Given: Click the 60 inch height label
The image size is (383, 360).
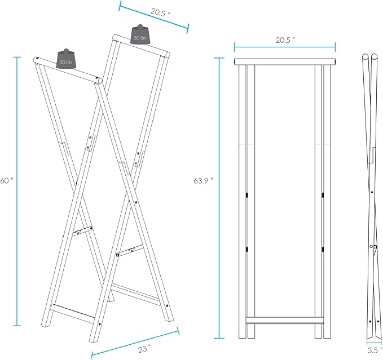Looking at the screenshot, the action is pyautogui.click(x=7, y=181).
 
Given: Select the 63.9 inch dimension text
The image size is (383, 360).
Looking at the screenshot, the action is pyautogui.click(x=203, y=181).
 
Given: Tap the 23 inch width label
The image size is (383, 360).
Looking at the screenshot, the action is pyautogui.click(x=144, y=349).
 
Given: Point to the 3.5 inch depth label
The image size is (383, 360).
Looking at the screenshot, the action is pyautogui.click(x=375, y=350).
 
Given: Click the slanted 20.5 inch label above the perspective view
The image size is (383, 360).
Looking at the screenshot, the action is pyautogui.click(x=160, y=12).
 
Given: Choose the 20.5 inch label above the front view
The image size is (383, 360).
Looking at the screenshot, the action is pyautogui.click(x=285, y=40).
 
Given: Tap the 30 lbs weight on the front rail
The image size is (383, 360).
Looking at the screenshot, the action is pyautogui.click(x=66, y=59).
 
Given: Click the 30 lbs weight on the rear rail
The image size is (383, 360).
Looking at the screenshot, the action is pyautogui.click(x=140, y=34).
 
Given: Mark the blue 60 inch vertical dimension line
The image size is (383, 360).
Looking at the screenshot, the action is pyautogui.click(x=17, y=191).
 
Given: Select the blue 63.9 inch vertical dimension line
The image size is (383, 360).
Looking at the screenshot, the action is pyautogui.click(x=219, y=198).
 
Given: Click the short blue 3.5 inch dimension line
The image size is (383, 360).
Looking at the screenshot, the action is pyautogui.click(x=374, y=343).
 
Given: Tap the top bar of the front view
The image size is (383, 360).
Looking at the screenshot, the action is pyautogui.click(x=285, y=62).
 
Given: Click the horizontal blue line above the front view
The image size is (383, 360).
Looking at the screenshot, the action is pyautogui.click(x=285, y=47).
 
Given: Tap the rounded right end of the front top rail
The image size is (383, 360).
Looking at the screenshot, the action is pyautogui.click(x=99, y=80).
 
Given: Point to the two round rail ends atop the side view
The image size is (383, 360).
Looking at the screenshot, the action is pyautogui.click(x=369, y=57).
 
